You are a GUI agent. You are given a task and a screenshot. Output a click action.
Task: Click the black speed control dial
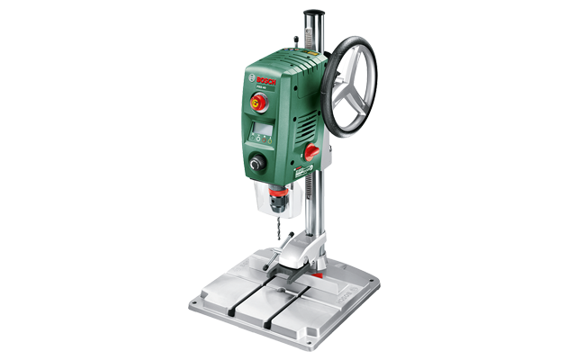(x=259, y=165)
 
